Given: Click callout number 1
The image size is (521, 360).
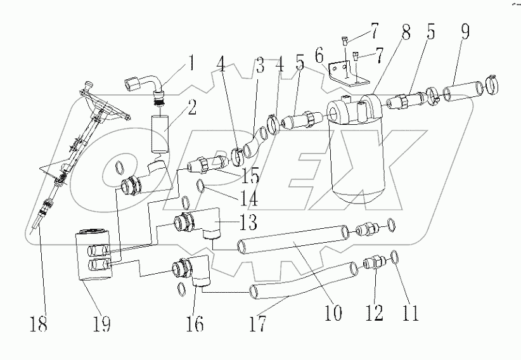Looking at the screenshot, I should [x=190, y=65].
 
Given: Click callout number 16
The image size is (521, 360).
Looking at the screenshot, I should [x=195, y=323].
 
